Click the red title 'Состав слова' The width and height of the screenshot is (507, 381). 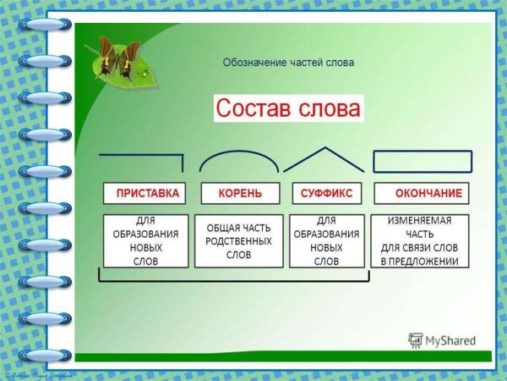(x=288, y=108)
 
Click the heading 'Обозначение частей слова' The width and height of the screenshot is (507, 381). (x=288, y=63)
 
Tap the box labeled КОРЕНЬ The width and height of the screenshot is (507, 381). (x=240, y=194)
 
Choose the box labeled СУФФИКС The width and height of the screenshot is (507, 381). (x=327, y=194)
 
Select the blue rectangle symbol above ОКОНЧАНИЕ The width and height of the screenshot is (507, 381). (x=422, y=161)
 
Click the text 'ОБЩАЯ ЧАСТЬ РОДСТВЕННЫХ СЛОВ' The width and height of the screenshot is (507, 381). (x=238, y=240)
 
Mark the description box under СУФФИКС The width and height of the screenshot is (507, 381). (x=327, y=240)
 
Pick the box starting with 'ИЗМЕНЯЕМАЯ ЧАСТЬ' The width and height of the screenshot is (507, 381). (x=420, y=240)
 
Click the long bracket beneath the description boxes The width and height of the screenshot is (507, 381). (x=232, y=279)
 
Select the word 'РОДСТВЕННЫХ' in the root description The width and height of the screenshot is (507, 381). (x=238, y=241)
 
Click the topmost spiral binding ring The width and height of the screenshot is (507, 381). (x=44, y=25)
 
